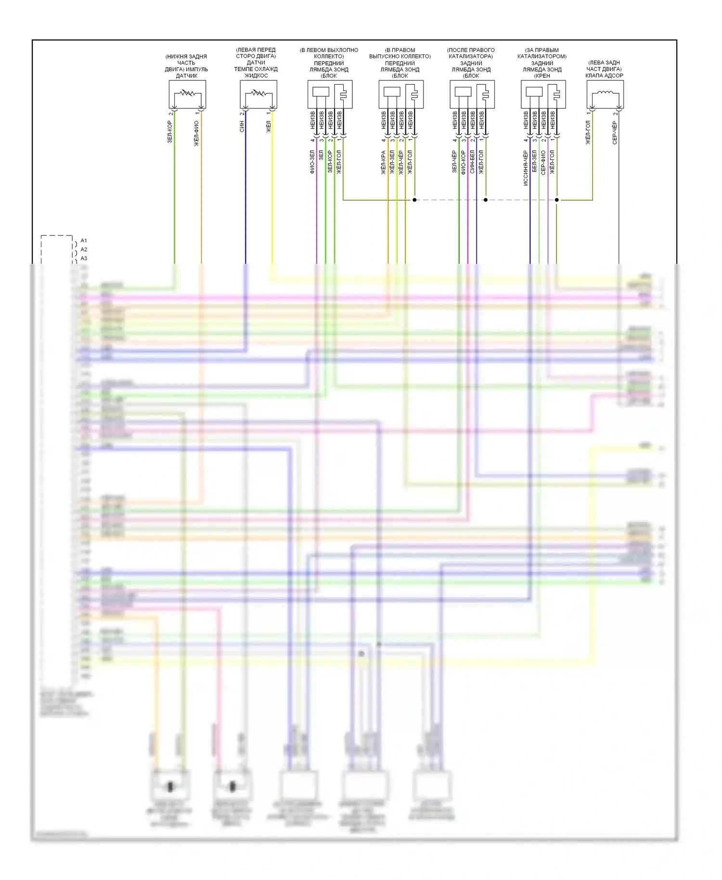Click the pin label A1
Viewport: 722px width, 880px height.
coord(84,241)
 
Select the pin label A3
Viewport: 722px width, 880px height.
coord(84,259)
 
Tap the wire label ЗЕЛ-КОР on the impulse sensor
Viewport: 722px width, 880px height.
coord(170,132)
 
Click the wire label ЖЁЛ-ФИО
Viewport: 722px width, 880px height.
coord(196,133)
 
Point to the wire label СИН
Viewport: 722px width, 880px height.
coord(242,127)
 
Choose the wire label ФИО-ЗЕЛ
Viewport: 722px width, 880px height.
coord(312,162)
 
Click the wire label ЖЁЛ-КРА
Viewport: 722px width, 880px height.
coord(383,163)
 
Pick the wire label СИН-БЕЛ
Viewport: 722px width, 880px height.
coord(472,162)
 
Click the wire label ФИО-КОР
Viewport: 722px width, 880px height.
coord(463,163)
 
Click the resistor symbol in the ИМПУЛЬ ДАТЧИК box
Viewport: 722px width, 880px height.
coord(187,93)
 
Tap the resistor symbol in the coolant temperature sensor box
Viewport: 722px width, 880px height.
coord(258,93)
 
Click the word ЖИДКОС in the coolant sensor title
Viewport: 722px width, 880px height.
coord(256,76)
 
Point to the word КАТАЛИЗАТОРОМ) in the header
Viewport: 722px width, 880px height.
coord(542,56)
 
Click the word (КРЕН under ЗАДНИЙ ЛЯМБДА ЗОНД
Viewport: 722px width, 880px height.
coord(542,76)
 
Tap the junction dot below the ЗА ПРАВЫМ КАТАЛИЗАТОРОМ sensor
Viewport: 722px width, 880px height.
coord(557,200)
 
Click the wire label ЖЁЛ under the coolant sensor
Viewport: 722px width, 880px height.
coord(269,127)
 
